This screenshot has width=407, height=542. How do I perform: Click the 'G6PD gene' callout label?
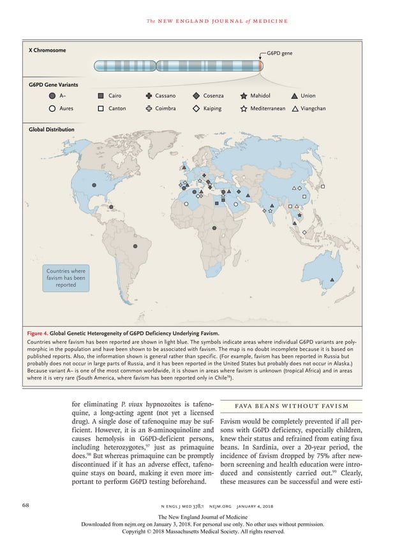point(279,53)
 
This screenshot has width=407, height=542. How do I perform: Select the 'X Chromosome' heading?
point(47,50)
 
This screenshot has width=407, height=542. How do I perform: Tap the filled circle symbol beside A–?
point(52,96)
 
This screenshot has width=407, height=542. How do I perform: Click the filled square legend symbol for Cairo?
point(101,96)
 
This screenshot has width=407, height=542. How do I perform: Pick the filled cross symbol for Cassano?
point(149,96)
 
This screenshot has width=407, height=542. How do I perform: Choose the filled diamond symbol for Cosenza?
point(196,96)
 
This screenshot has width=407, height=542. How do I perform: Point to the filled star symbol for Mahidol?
point(244,96)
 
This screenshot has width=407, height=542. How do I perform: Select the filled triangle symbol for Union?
point(294,96)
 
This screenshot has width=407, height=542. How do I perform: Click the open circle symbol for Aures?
point(52,109)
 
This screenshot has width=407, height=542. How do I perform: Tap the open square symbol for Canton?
point(101,109)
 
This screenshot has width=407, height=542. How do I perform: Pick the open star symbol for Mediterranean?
point(244,109)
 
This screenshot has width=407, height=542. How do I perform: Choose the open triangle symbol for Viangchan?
point(294,109)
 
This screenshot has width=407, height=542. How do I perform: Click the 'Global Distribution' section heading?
point(51,129)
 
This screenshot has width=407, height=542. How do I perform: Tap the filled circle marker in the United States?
point(94,185)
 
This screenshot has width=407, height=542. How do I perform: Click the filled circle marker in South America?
point(135,246)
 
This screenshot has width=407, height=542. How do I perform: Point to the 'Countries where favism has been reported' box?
point(66,278)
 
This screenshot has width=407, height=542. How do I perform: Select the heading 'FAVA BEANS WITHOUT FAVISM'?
point(291,406)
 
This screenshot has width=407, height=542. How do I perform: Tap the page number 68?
point(26,505)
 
